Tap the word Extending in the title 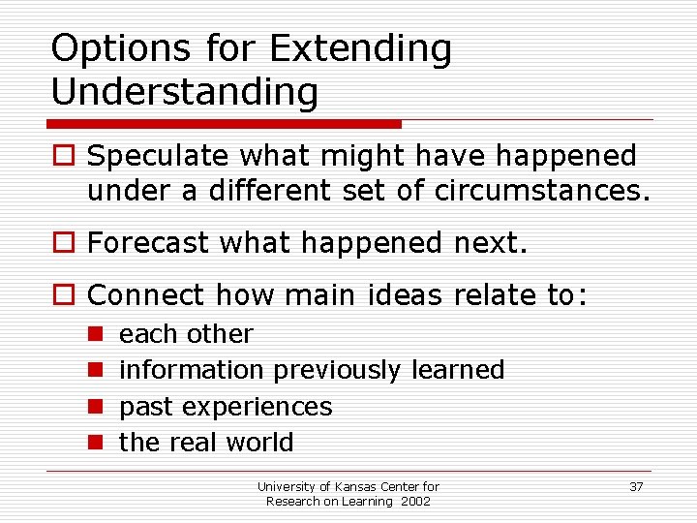361,49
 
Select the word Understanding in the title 184,92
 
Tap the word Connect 146,294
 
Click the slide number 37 636,486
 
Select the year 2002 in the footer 414,501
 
